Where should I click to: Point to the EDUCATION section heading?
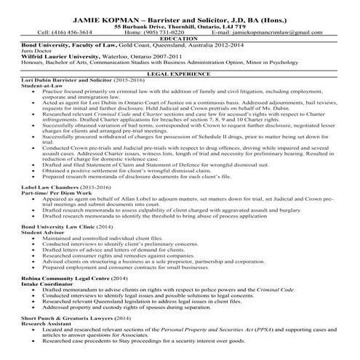click(x=180, y=39)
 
